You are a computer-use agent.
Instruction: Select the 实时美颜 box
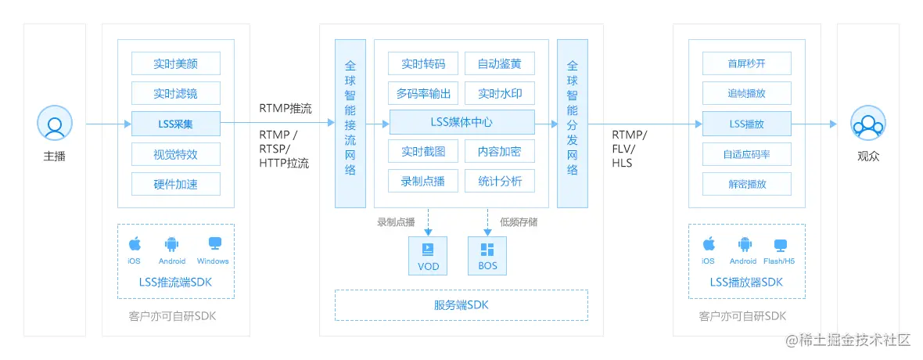pos(176,63)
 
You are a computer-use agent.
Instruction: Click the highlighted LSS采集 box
pos(176,124)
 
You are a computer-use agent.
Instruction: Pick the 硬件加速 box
pos(176,184)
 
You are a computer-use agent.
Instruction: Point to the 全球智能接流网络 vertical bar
pos(350,123)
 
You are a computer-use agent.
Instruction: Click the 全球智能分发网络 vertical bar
pos(573,123)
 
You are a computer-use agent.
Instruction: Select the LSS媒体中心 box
pos(461,122)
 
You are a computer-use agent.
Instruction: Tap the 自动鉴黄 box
pos(500,63)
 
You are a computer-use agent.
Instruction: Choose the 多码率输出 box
pos(423,94)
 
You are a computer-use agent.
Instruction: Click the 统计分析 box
pos(500,182)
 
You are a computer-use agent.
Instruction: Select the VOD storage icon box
pos(429,256)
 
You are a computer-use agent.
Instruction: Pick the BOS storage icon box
pos(487,256)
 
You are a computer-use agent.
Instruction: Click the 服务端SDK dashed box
pos(461,305)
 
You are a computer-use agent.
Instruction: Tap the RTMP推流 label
pos(286,108)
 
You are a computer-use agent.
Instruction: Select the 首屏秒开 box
pos(747,63)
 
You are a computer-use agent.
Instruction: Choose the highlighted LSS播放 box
pos(747,124)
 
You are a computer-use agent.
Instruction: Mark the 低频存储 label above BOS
pos(518,222)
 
